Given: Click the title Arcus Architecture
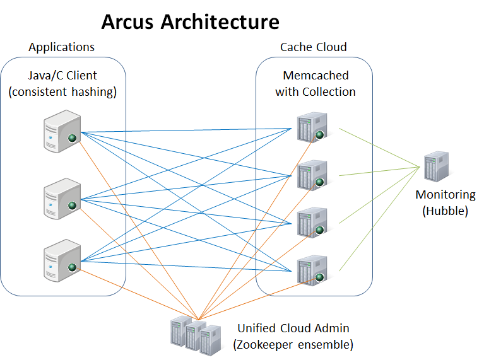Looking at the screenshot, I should click(x=190, y=21).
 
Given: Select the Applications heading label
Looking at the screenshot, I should click(x=62, y=47).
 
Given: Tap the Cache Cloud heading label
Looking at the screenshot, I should click(x=314, y=47).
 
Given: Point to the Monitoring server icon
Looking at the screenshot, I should click(x=436, y=166).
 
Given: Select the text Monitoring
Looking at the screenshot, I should click(x=445, y=195).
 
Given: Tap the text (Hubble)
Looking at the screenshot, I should click(x=445, y=211).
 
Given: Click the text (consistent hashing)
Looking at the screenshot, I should click(x=63, y=92).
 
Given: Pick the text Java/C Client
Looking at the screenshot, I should click(x=62, y=76).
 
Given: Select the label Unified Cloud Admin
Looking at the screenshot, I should click(x=293, y=328).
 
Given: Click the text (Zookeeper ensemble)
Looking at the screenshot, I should click(x=293, y=345).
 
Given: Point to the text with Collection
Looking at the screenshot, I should click(x=316, y=92).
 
